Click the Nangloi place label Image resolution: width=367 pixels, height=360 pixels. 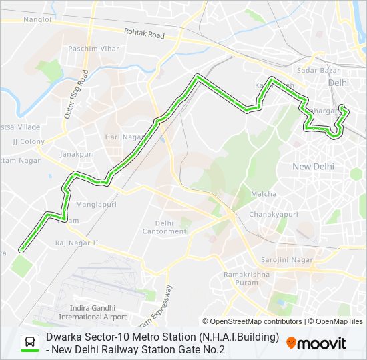(x=37, y=20)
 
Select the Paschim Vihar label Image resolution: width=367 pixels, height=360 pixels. (x=93, y=49)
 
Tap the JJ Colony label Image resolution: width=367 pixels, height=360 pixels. (x=29, y=141)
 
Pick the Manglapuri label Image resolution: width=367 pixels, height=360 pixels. (x=97, y=204)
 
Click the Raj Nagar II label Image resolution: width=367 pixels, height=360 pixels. (x=77, y=243)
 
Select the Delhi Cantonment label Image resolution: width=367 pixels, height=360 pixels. (x=165, y=227)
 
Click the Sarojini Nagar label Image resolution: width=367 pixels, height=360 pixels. (x=288, y=259)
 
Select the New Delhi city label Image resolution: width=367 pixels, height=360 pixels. (x=314, y=166)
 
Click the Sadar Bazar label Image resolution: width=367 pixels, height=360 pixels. (x=315, y=70)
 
